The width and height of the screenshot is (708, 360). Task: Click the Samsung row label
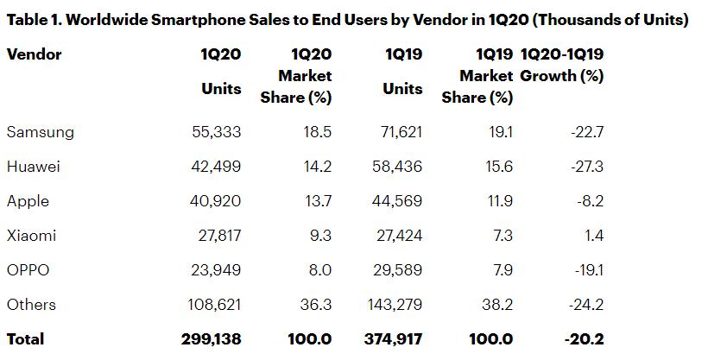point(40,132)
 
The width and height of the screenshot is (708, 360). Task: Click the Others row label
point(31,305)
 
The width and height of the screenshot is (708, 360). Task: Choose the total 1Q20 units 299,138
point(212,339)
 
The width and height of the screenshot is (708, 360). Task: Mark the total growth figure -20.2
point(584,339)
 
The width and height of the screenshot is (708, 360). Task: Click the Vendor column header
point(34,54)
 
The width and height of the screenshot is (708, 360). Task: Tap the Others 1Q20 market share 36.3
point(315,305)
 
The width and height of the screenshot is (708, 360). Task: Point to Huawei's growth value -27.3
point(586,167)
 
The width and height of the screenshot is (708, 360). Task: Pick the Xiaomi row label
point(32,236)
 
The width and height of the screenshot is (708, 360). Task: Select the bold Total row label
point(25,339)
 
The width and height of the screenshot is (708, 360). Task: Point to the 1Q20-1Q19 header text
point(562,54)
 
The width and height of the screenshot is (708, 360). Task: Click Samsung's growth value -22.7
point(586,132)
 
